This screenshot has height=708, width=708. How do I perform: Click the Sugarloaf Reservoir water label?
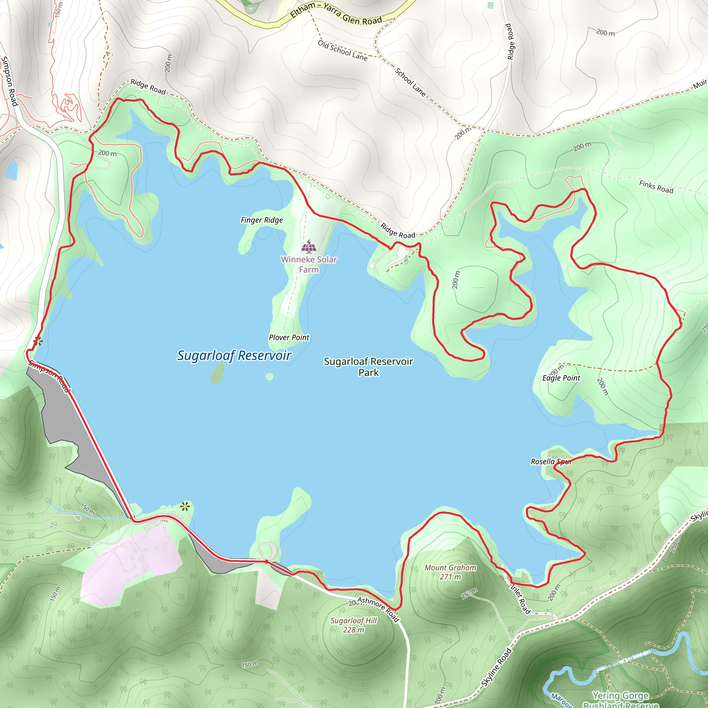click(234, 356)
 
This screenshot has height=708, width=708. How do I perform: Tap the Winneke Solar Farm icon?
click(309, 246)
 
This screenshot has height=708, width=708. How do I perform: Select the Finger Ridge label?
click(262, 220)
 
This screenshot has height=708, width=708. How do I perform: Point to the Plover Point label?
click(289, 337)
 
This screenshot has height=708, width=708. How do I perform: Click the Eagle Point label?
click(561, 378)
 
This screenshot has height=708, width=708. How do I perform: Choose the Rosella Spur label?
click(550, 462)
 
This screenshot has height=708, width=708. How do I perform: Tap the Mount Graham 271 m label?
click(450, 572)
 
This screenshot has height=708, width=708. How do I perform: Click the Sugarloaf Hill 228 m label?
click(353, 625)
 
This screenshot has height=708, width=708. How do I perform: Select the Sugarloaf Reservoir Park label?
click(368, 367)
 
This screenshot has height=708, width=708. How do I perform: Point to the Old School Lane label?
click(342, 50)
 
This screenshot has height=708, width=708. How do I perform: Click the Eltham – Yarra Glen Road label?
click(336, 13)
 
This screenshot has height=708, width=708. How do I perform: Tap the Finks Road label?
click(656, 187)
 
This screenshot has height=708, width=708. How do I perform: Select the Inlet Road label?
click(520, 599)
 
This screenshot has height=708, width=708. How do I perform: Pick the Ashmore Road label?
click(378, 609)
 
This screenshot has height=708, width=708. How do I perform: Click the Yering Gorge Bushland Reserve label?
click(621, 700)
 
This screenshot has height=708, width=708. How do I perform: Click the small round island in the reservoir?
click(269, 377)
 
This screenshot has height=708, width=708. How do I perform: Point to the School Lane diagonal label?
click(410, 83)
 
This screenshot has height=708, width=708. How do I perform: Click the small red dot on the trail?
click(267, 561)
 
